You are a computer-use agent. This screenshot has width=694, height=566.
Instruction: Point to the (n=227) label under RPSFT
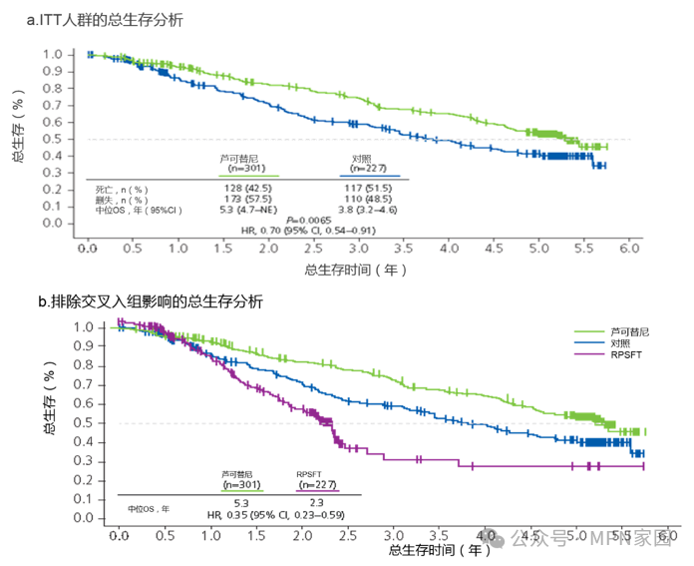318,484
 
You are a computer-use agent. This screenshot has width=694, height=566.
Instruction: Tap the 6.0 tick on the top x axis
628,248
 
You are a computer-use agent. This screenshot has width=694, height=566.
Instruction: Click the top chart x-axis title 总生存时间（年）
356,270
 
